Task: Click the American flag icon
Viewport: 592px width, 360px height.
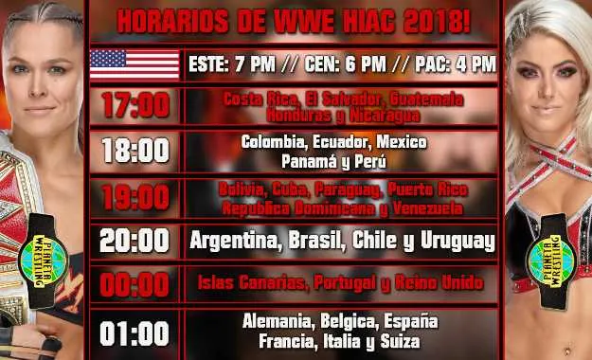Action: point(135,64)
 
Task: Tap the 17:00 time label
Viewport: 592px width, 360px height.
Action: point(135,106)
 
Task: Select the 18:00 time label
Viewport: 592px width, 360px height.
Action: point(135,151)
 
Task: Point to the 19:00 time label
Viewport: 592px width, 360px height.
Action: point(135,197)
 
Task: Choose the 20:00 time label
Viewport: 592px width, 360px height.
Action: point(135,241)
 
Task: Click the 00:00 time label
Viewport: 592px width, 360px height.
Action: point(135,283)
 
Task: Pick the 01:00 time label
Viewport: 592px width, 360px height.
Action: point(135,333)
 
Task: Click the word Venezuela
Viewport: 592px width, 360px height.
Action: point(422,207)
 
